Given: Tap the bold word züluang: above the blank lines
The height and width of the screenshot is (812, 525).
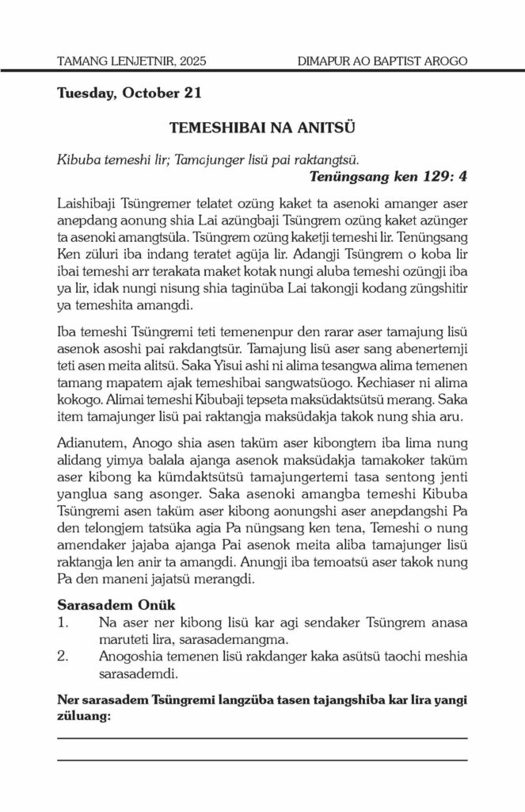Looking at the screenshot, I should click(x=85, y=716).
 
